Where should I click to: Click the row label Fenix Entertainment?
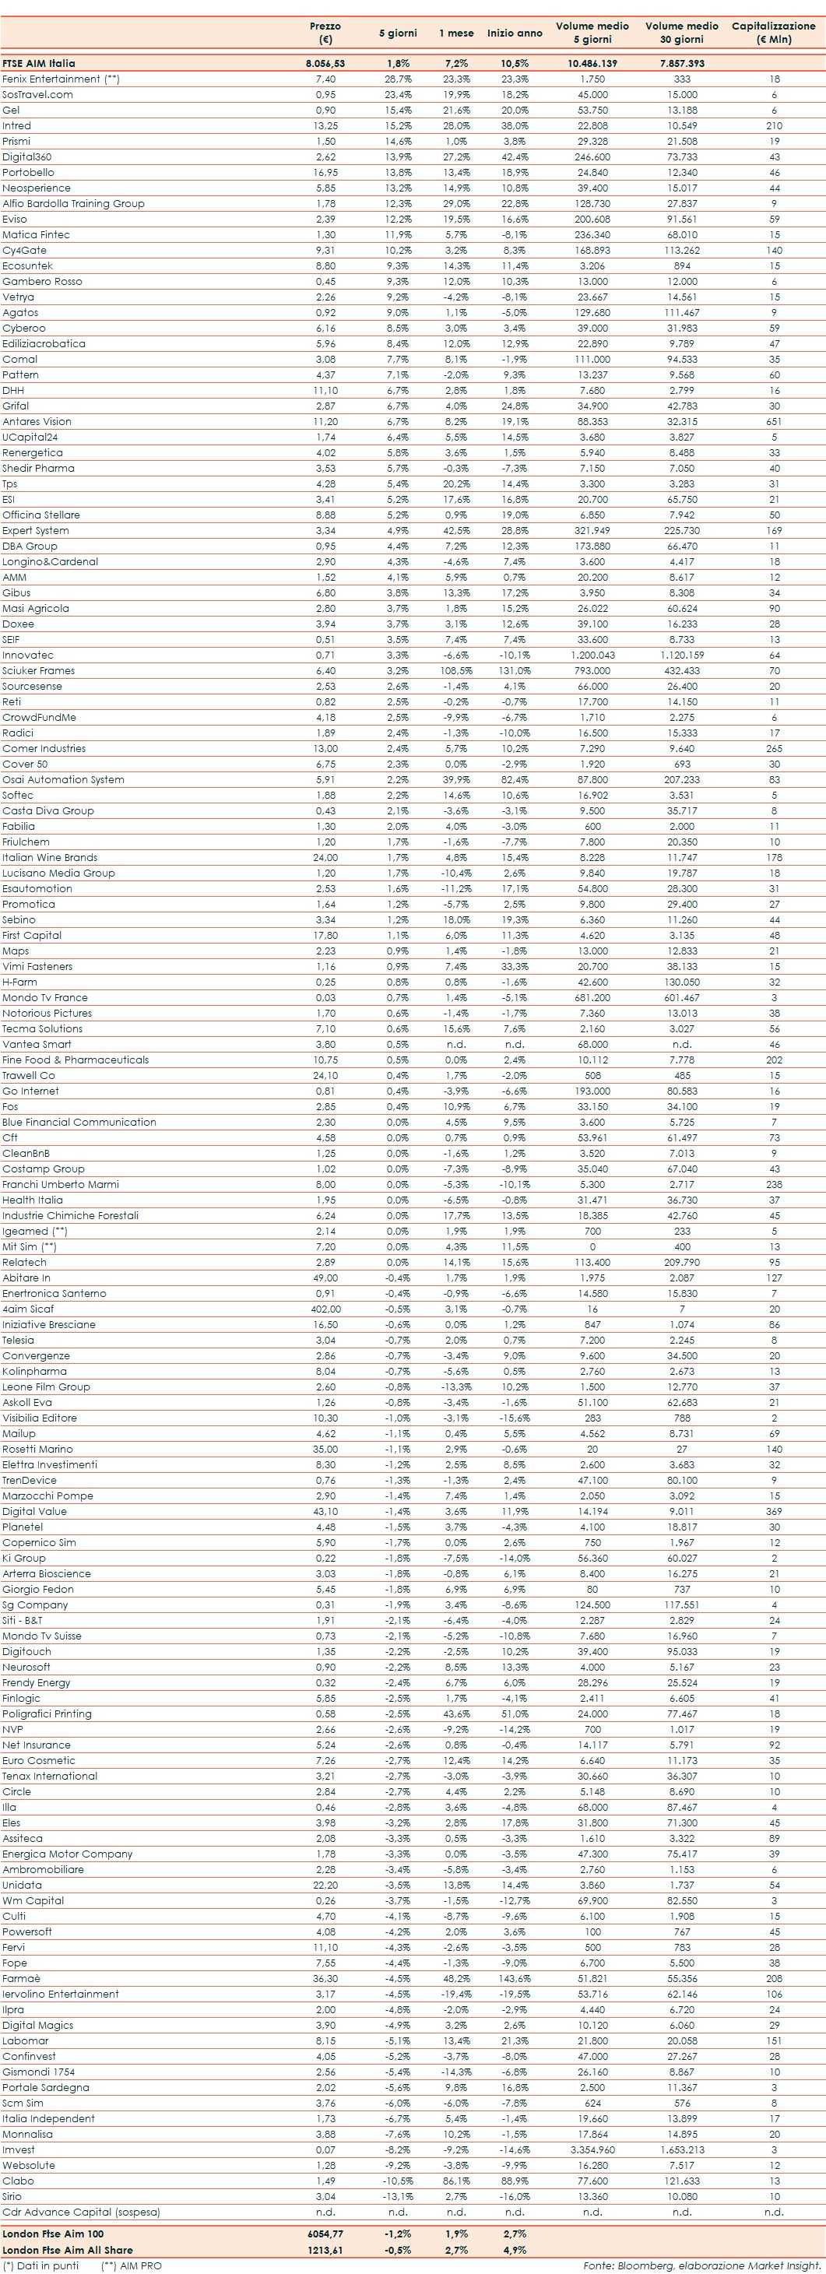click(61, 79)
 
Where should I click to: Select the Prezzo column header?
click(325, 33)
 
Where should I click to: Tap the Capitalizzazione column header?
click(773, 33)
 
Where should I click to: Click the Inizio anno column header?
click(515, 33)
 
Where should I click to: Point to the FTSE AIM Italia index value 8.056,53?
click(325, 64)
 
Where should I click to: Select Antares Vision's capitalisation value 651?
click(774, 422)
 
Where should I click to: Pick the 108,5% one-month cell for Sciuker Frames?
click(456, 671)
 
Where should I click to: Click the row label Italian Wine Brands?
click(49, 857)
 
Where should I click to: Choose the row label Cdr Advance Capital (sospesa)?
click(81, 2212)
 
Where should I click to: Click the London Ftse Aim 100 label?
click(53, 2234)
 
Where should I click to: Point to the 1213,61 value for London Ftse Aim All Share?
click(325, 2249)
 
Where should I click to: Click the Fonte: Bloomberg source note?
click(701, 2266)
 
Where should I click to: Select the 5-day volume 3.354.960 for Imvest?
click(592, 2149)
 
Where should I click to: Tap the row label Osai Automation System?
click(62, 779)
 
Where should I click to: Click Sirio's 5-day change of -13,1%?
click(398, 2196)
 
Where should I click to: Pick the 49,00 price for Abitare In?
click(325, 1278)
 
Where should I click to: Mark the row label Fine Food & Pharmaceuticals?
click(75, 1060)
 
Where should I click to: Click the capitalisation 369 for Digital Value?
click(774, 1511)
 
